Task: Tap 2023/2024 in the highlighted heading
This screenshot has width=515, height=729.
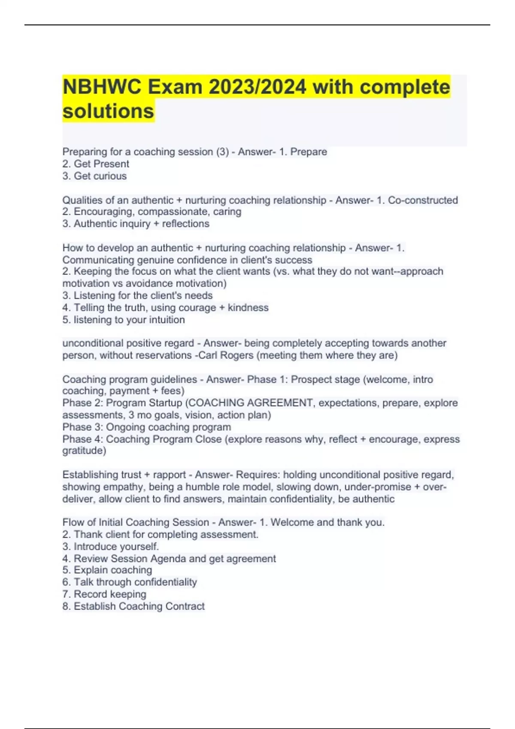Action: coord(257,87)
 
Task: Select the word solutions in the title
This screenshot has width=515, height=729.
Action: coord(108,111)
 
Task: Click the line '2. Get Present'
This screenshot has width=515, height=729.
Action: coord(96,164)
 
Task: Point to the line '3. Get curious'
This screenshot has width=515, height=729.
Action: coord(94,176)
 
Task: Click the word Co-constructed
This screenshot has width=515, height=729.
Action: coord(423,200)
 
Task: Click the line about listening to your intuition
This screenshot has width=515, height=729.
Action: coord(124,319)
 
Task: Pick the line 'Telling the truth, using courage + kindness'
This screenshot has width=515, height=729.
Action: coord(165,307)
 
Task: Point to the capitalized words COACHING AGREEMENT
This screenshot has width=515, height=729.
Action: coord(251,403)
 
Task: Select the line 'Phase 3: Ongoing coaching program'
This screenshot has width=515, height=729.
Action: coord(147,427)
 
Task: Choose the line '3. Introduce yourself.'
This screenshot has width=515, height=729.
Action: coord(111,546)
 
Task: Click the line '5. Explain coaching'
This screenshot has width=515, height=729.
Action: coord(107,570)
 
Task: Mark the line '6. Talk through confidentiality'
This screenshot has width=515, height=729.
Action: coord(130,582)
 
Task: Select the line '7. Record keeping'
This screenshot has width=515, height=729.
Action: coord(104,594)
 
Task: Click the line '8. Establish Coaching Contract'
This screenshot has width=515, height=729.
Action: coord(133,606)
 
